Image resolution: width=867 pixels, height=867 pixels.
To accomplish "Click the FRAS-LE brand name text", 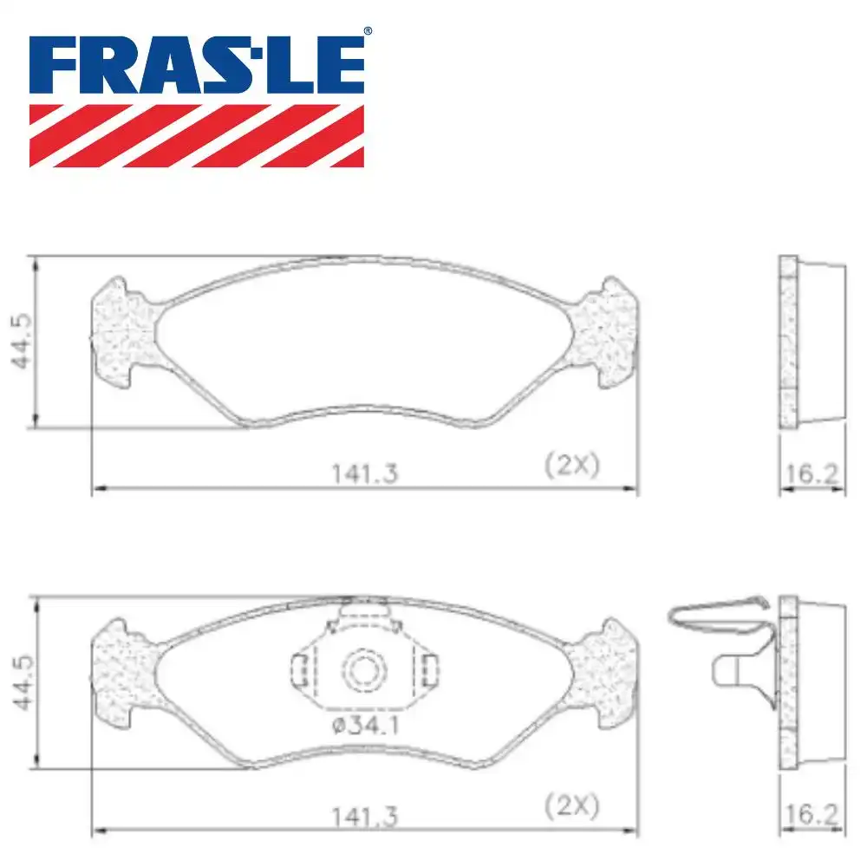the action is click(x=196, y=65).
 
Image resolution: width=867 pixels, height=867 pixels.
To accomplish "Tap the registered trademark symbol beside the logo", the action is click(x=368, y=31).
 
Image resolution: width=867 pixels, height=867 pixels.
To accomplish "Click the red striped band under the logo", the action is click(x=196, y=135).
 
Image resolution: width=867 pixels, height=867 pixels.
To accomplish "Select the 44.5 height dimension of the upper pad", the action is click(x=23, y=341).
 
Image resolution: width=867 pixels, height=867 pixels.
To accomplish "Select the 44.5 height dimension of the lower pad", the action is click(x=23, y=683).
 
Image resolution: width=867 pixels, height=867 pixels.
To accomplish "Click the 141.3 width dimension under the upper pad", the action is click(x=364, y=474).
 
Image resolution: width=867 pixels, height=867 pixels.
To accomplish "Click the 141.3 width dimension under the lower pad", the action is click(x=364, y=817).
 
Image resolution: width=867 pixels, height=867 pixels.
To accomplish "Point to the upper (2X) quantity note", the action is click(x=571, y=465).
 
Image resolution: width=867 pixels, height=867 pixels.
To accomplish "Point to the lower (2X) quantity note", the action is click(x=571, y=806).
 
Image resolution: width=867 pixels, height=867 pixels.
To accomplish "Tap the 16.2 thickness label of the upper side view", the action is click(x=812, y=474).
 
